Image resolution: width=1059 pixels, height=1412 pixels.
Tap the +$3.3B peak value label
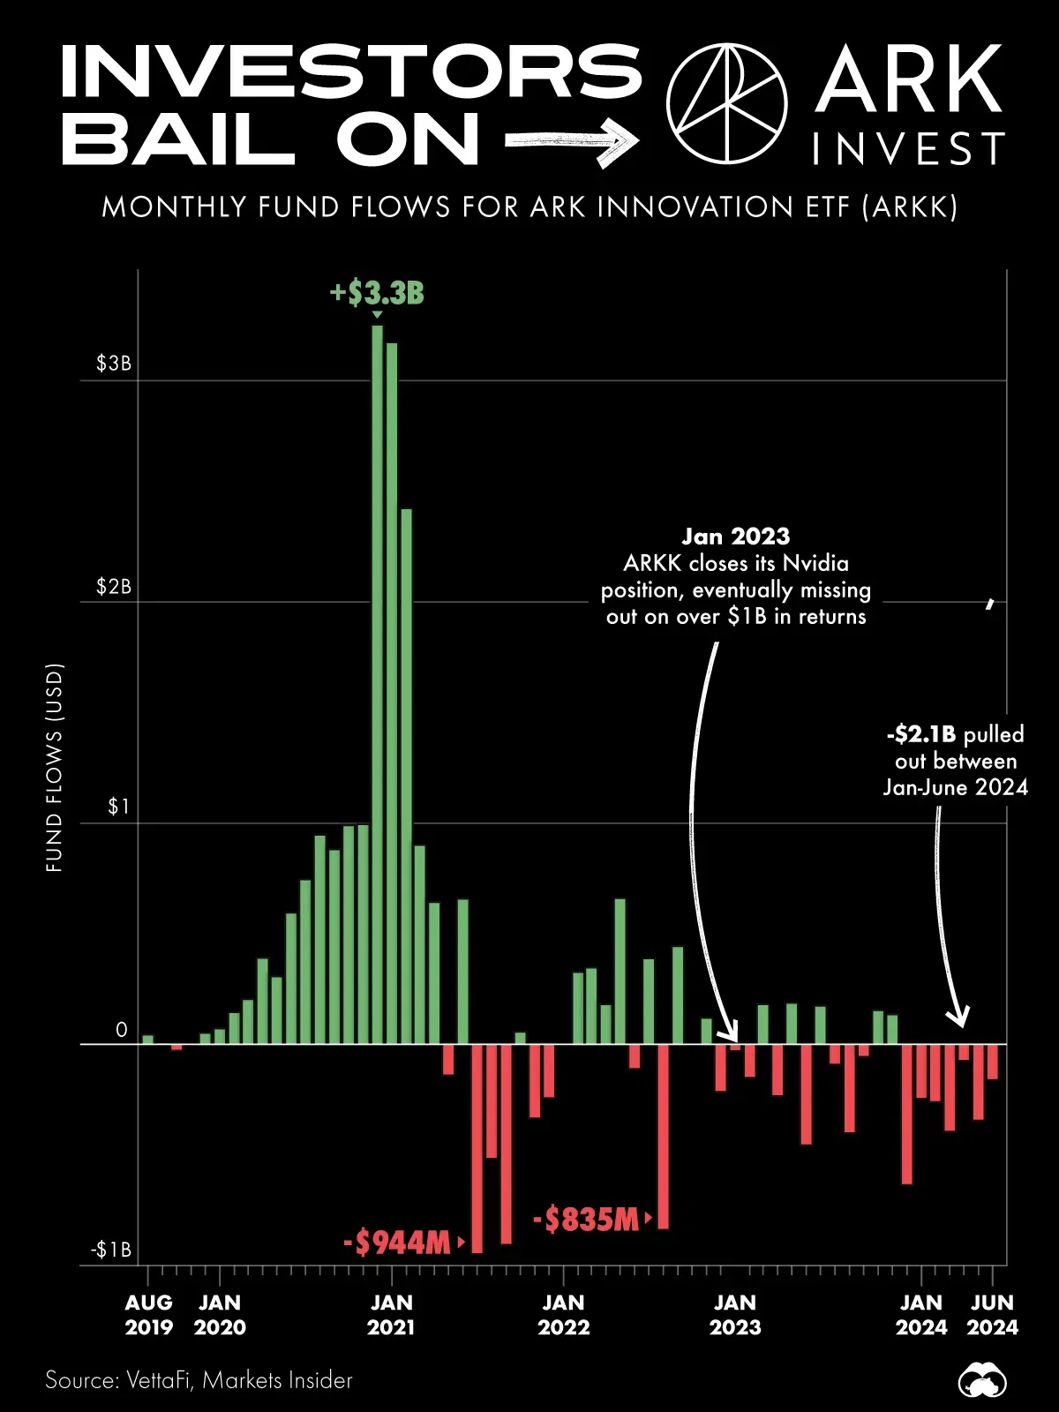377,293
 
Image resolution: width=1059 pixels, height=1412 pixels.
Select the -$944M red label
397,1243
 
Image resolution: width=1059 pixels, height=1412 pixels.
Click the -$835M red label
585,1220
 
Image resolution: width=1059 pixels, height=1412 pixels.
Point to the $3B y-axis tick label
114,364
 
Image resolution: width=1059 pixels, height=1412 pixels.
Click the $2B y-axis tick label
114,587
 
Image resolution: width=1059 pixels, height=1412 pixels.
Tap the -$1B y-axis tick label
110,1251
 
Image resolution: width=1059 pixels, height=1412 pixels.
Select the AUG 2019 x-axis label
148,1315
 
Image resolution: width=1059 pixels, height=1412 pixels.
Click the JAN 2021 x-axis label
391,1315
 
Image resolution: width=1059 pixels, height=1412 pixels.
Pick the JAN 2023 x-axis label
735,1315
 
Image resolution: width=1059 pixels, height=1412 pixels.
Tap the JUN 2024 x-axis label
992,1315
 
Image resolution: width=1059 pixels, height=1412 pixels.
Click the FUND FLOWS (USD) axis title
55,768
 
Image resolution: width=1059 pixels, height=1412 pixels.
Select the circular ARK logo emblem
726,102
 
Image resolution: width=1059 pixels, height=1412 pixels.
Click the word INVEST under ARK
908,149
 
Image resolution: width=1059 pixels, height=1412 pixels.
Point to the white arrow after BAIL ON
571,140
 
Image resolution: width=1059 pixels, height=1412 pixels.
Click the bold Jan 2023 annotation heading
735,537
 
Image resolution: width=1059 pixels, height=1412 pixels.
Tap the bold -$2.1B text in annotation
921,734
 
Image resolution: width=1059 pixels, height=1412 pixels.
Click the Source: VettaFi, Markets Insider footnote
199,1380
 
